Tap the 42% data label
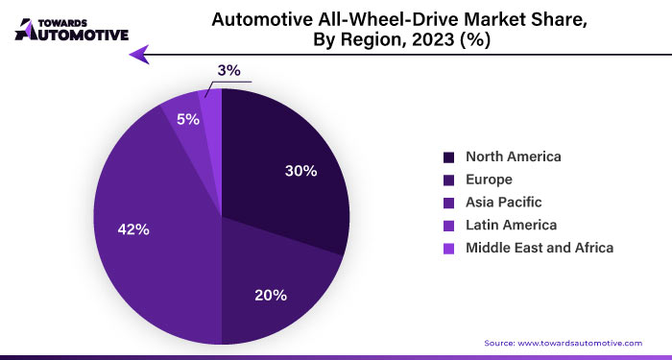(133, 229)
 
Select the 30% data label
(300, 171)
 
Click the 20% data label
(271, 295)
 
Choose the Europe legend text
(491, 180)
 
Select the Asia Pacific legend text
(503, 203)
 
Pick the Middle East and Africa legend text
(539, 248)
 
